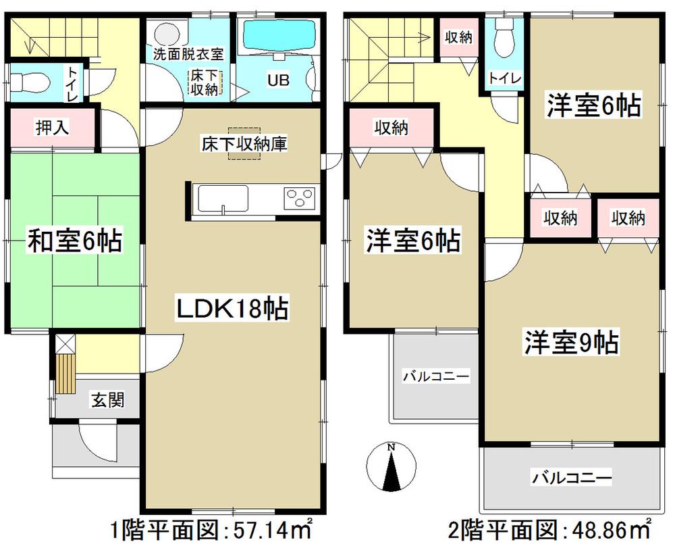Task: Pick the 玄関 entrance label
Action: click(x=107, y=401)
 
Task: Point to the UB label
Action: click(x=278, y=80)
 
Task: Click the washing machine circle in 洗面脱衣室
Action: click(x=164, y=33)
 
